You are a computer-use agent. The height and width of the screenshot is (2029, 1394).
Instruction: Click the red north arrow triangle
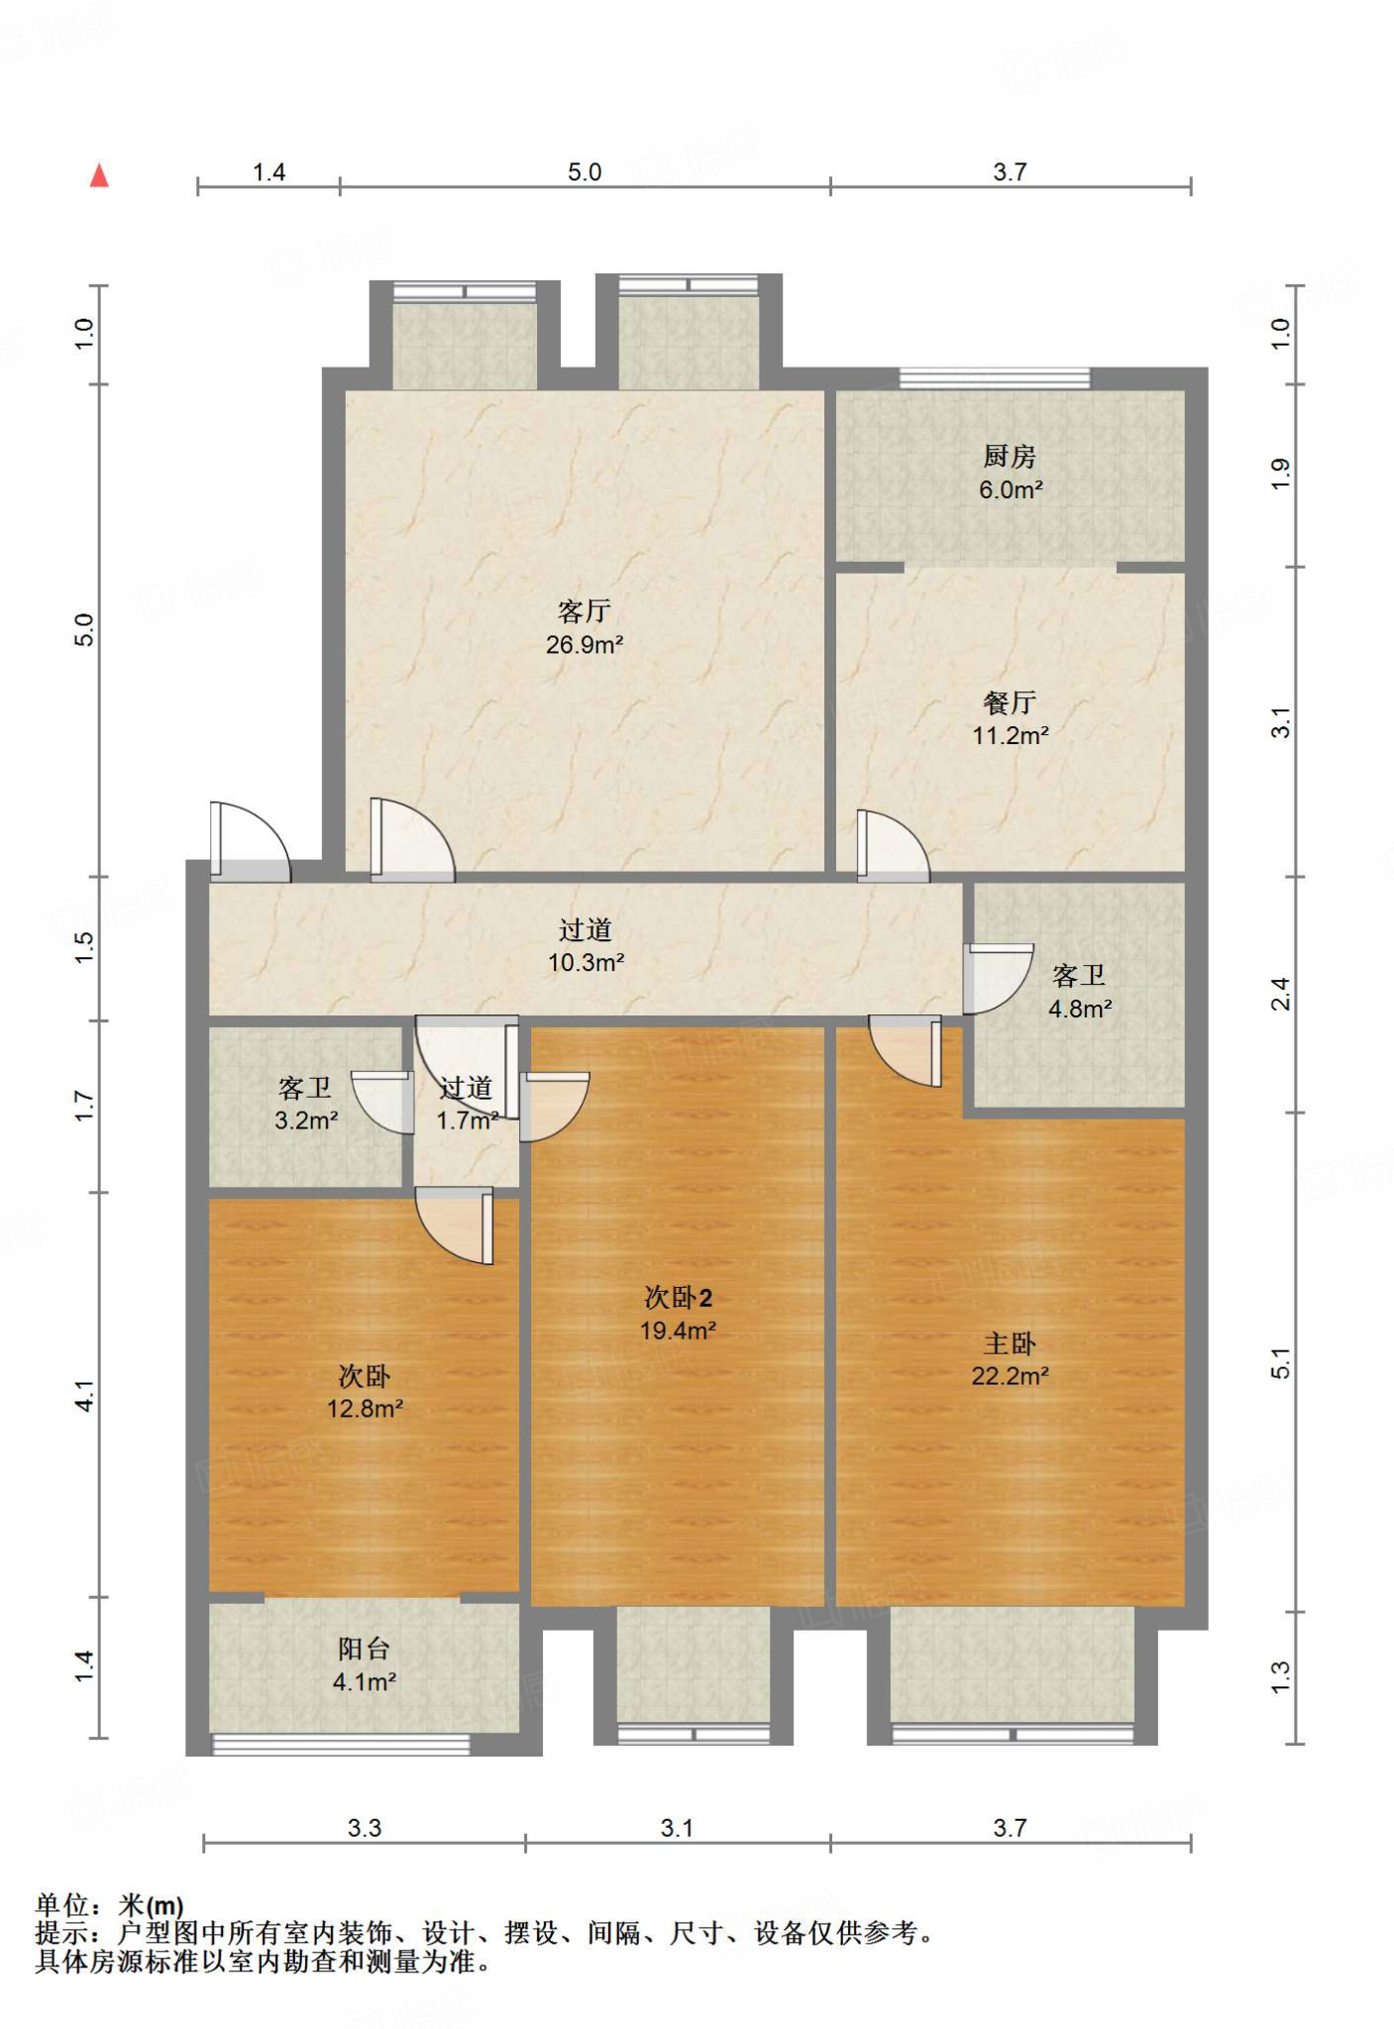99,176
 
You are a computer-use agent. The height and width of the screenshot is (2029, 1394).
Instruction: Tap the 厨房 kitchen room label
1010,457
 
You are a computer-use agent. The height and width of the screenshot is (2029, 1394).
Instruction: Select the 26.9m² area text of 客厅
585,645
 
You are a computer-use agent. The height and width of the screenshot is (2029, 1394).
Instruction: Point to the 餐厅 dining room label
1010,702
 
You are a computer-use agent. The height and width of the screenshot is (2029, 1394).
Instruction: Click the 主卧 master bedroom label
1010,1343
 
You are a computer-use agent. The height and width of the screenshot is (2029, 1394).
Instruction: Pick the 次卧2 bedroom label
678,1298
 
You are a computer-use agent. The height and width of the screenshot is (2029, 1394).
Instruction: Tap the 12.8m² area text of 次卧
365,1409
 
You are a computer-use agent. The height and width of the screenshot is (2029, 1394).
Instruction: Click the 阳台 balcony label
364,1649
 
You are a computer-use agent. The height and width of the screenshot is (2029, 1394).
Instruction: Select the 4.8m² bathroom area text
1080,1010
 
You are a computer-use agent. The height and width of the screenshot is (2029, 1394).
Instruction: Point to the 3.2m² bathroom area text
306,1121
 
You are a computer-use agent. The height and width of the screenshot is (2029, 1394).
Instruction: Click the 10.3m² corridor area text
586,962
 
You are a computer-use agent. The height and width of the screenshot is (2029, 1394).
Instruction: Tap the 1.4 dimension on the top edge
268,172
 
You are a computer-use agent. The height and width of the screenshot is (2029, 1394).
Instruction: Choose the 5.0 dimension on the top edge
585,172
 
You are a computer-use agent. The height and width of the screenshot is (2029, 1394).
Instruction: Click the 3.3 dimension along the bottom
365,1828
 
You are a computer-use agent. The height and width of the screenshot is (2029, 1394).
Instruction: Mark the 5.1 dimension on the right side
1281,1364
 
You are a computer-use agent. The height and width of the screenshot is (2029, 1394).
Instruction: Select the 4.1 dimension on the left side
85,1396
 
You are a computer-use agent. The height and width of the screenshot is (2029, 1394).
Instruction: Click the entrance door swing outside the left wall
250,841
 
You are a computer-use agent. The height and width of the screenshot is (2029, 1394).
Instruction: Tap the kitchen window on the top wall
994,378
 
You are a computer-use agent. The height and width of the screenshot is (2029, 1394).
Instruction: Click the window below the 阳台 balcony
342,1745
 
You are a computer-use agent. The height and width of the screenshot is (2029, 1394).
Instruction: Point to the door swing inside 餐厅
893,846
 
